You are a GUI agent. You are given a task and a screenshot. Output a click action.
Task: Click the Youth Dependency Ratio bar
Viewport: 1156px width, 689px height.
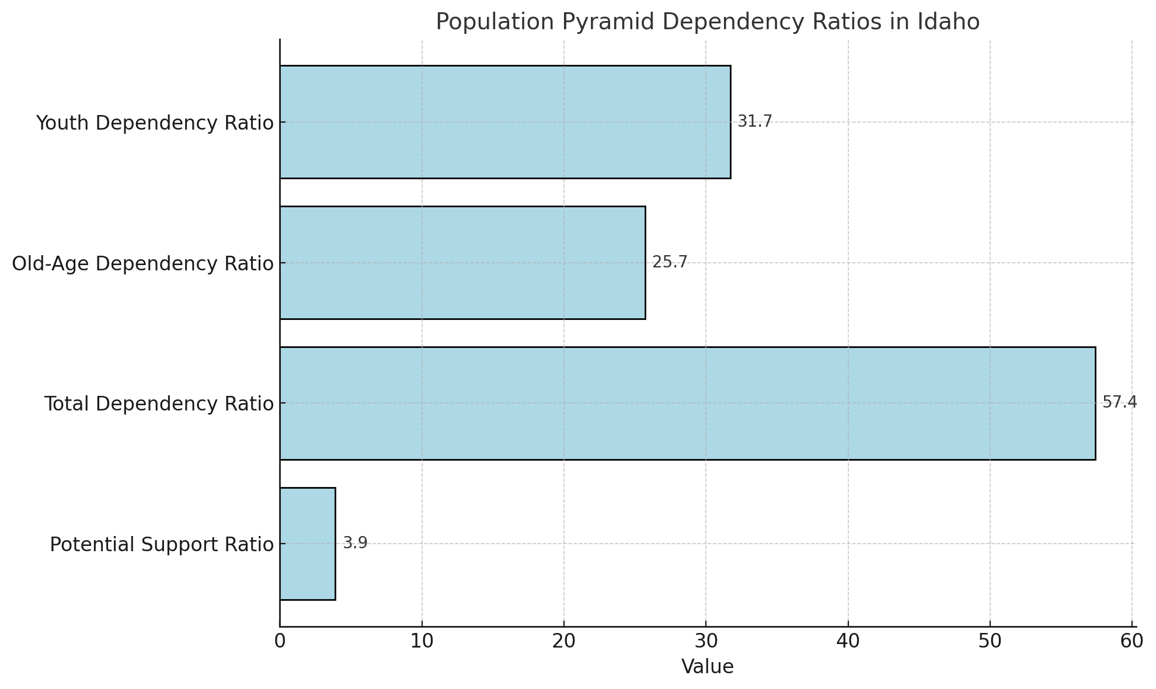505,121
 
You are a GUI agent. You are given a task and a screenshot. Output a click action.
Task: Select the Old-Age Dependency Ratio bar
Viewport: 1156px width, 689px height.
462,262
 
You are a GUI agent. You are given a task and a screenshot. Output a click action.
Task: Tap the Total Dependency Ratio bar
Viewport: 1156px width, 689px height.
687,403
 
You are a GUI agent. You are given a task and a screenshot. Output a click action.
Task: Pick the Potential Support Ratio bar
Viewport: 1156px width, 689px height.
308,544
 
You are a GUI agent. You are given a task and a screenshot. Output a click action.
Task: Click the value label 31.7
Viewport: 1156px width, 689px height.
754,121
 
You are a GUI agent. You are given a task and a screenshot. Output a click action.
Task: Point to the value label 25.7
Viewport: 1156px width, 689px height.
670,262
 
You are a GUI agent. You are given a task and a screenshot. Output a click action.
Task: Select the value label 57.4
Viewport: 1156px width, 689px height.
1119,402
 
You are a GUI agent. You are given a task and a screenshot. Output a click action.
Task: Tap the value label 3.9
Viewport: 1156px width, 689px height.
355,543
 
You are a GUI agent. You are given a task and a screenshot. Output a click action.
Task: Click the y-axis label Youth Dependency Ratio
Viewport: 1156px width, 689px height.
155,123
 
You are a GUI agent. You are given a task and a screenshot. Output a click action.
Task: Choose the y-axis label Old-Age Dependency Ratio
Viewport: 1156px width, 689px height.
142,264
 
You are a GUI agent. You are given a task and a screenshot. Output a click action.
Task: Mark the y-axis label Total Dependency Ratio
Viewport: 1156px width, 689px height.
159,404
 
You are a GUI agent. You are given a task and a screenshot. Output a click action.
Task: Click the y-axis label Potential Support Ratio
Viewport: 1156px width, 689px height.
162,545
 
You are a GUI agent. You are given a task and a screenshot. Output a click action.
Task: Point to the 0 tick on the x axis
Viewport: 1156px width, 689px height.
280,641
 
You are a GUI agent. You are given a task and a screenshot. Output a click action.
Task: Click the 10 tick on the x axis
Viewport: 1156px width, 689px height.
422,641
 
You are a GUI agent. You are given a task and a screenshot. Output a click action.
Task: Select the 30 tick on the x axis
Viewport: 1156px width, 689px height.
706,641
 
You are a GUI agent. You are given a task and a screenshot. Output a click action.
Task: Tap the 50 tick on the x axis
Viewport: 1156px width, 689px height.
990,641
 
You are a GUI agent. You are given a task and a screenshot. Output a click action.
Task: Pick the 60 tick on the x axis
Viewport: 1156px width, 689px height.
1131,641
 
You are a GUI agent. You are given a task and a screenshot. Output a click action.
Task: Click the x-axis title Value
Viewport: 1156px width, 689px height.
707,667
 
